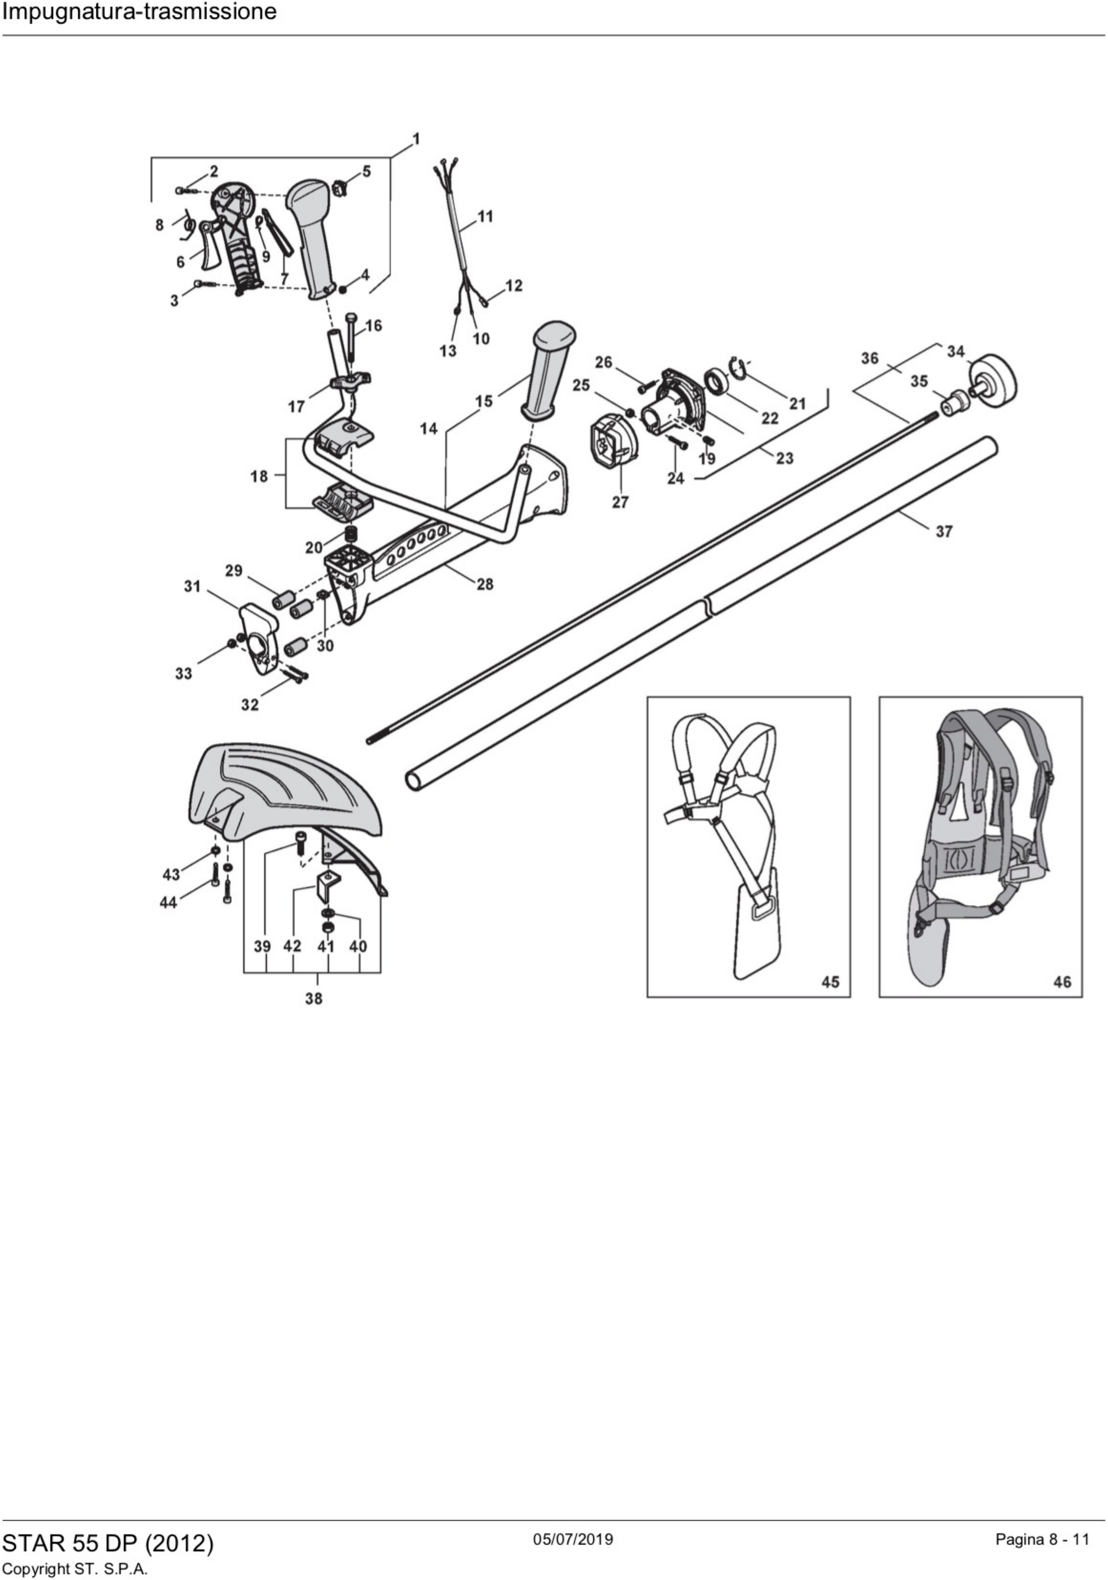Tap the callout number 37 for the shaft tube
tap(943, 531)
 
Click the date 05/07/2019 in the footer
tap(573, 1539)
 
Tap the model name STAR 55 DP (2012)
tap(108, 1543)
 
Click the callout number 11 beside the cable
tap(485, 217)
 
